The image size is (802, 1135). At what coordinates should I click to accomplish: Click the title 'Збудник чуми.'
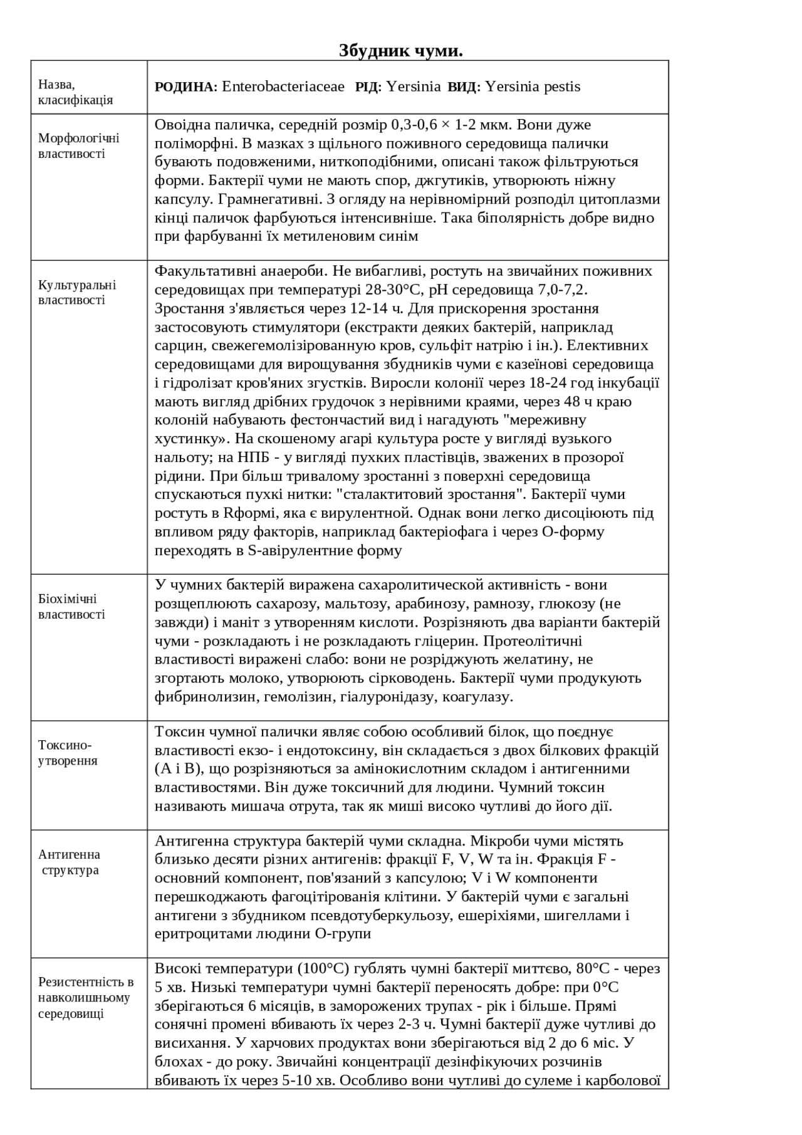[x=401, y=50]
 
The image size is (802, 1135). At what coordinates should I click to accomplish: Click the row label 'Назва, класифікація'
[x=76, y=92]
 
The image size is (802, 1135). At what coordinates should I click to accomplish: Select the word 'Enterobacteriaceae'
[x=283, y=86]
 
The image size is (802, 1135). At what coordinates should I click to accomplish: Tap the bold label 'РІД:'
[x=368, y=87]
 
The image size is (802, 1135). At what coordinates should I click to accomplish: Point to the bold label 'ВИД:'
[x=464, y=87]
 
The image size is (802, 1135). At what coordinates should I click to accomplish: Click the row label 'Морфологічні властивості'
[x=79, y=146]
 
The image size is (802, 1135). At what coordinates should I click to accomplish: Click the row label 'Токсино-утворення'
[x=68, y=753]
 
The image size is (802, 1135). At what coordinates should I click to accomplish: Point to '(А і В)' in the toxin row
[x=174, y=768]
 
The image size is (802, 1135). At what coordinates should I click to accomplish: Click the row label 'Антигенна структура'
[x=70, y=862]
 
